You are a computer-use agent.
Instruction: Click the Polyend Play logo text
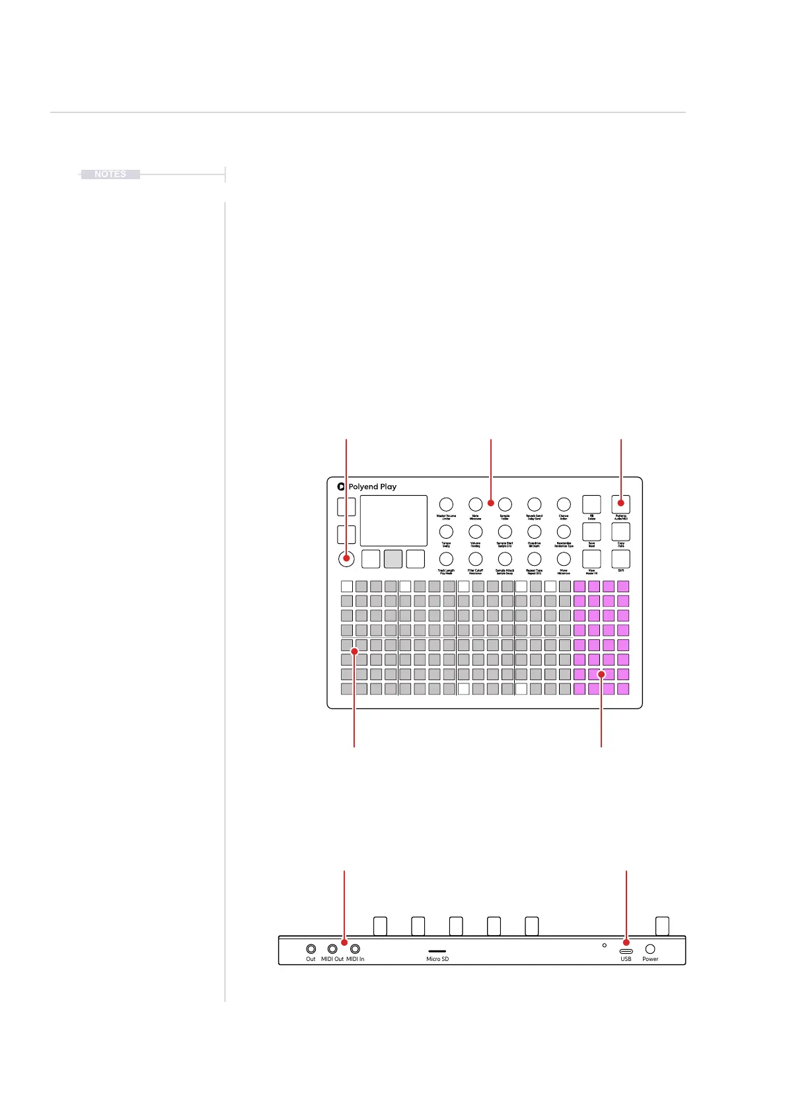(372, 486)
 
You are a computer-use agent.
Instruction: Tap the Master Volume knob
(446, 504)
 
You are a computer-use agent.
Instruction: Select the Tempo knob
(446, 531)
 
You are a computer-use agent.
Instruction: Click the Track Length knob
(446, 559)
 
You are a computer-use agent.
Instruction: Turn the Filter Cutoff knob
(475, 559)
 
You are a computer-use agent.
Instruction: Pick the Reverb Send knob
(534, 504)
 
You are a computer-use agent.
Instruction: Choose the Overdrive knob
(534, 531)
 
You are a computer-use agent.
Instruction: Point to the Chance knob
(563, 504)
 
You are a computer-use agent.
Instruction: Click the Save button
(591, 531)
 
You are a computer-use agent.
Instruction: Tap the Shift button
(620, 559)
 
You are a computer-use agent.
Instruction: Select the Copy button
(620, 531)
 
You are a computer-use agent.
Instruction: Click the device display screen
(393, 521)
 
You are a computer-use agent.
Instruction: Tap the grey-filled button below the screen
(393, 559)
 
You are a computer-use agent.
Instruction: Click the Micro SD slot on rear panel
(437, 951)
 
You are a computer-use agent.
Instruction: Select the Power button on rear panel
(650, 949)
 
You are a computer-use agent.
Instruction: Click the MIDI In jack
(356, 949)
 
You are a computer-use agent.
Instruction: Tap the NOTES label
(110, 174)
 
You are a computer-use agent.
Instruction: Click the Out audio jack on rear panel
(311, 949)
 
